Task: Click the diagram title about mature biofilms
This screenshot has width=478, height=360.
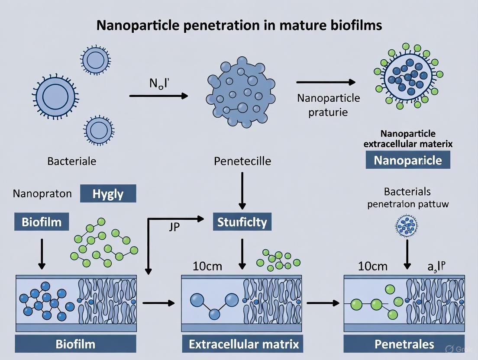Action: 239,25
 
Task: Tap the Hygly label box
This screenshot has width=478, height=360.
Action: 108,193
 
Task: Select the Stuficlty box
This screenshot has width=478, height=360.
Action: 242,222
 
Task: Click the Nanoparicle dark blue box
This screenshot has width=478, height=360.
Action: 408,161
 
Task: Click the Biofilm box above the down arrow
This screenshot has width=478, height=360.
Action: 42,222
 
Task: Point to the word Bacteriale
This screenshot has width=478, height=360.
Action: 72,161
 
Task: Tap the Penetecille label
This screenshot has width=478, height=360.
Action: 242,161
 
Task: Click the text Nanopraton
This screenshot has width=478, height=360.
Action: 42,193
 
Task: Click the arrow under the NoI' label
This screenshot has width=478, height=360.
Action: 158,96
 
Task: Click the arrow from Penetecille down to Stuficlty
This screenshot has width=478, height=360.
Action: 242,190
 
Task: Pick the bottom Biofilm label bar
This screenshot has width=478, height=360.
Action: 75,344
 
